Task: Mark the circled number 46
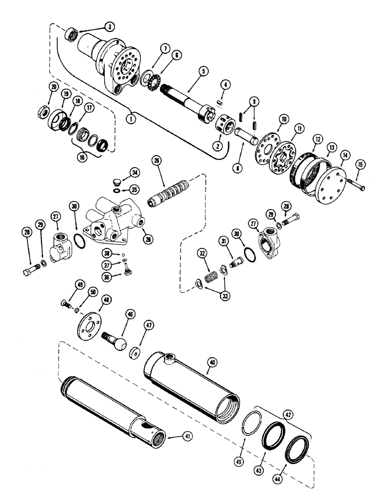[x=130, y=315]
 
